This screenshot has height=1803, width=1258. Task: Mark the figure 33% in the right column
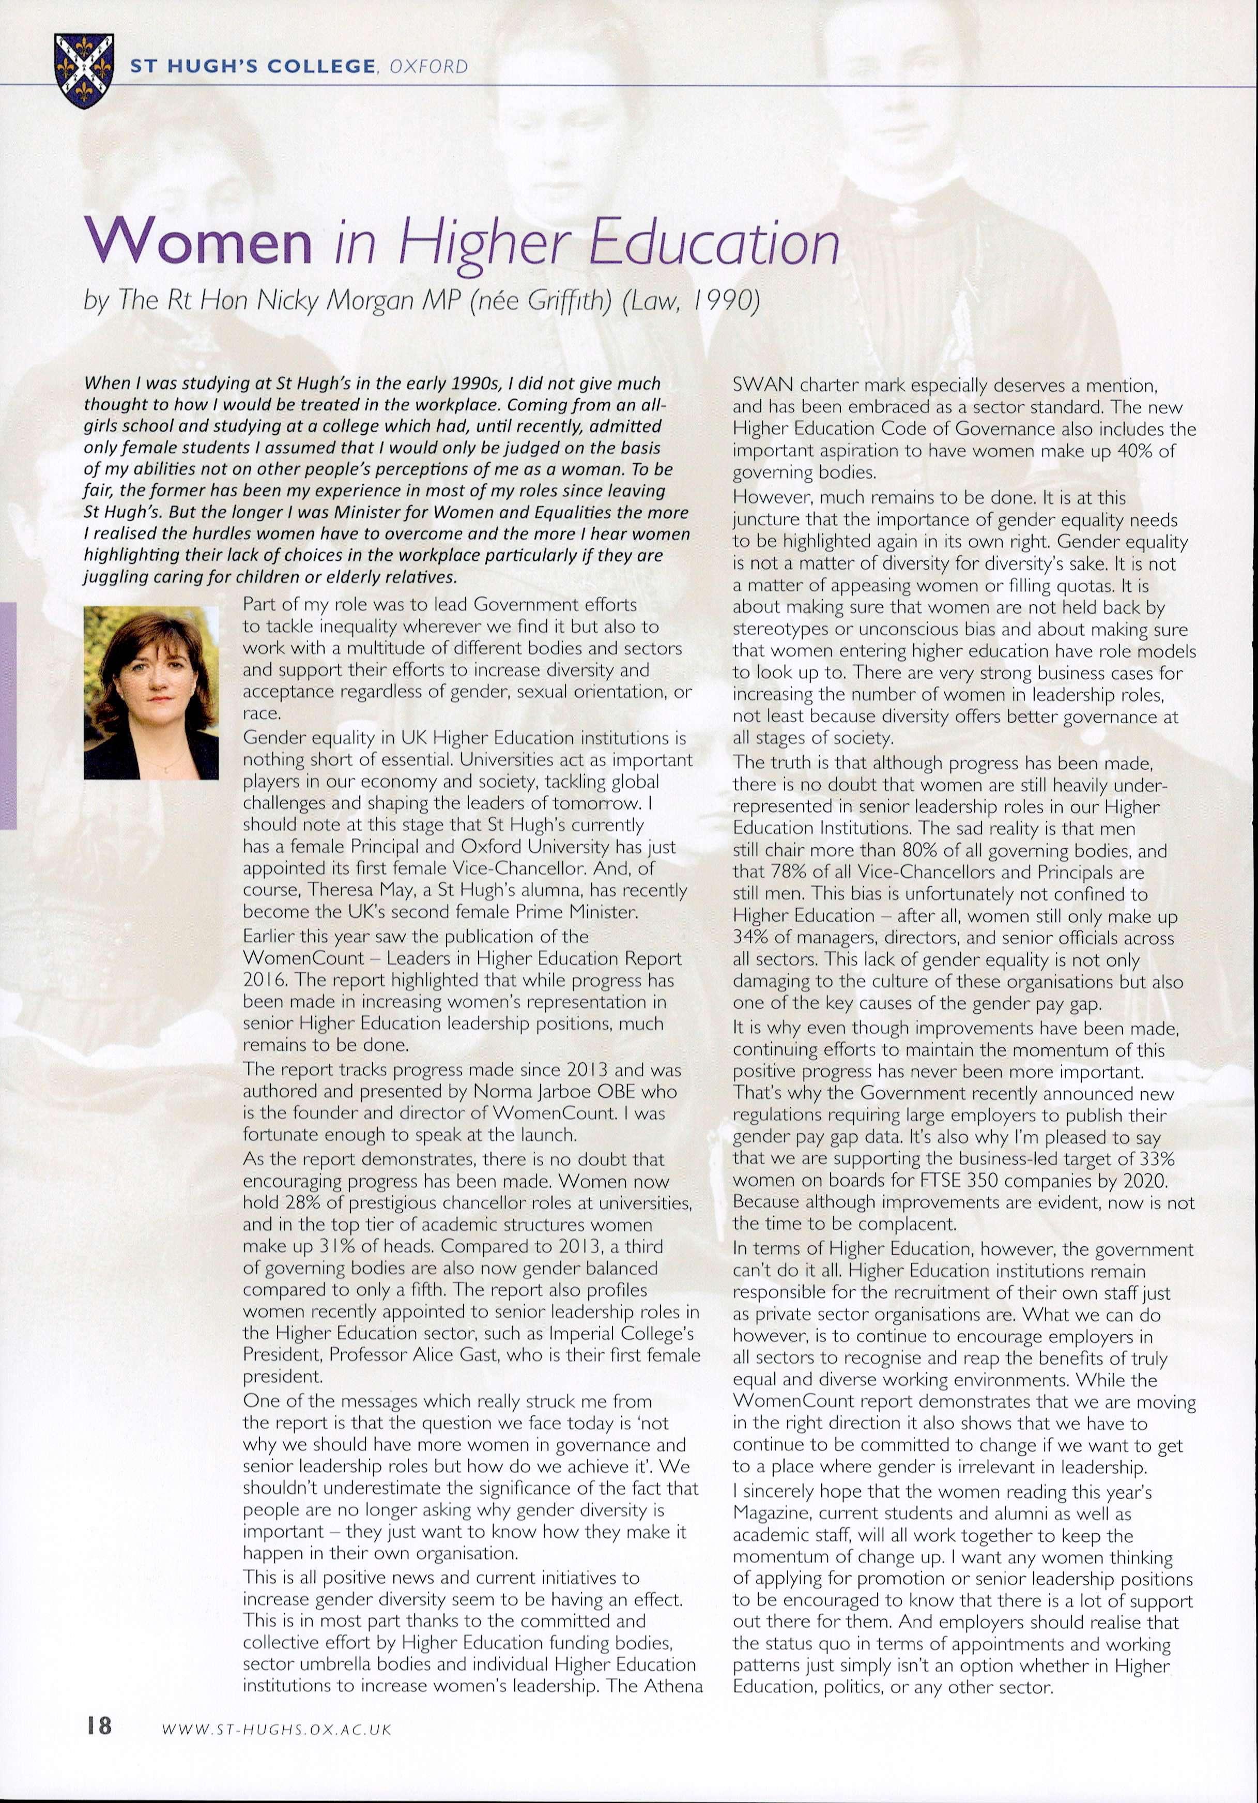[1143, 1158]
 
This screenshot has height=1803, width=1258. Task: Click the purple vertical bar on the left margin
[8, 715]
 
